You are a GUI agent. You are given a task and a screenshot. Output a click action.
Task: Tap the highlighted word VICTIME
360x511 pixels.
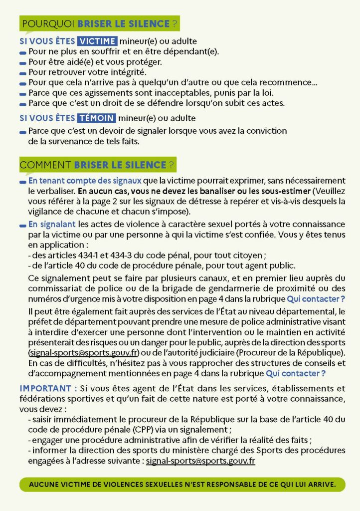coord(98,41)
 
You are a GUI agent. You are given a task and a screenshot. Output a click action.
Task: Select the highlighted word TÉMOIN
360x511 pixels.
coord(97,118)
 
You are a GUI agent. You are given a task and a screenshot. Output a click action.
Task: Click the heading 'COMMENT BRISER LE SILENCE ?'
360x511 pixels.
coord(98,164)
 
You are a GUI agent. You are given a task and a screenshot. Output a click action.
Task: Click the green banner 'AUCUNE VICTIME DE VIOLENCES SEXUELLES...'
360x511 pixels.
coord(182,484)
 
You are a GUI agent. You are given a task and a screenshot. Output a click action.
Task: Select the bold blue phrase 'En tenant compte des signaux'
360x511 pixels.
coord(85,180)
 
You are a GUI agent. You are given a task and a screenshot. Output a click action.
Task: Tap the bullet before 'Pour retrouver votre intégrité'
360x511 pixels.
coord(23,73)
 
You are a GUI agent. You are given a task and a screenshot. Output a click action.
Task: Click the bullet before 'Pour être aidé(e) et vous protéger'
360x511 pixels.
coord(23,63)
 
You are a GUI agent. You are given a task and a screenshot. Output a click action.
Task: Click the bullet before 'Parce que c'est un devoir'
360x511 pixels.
coord(23,132)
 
